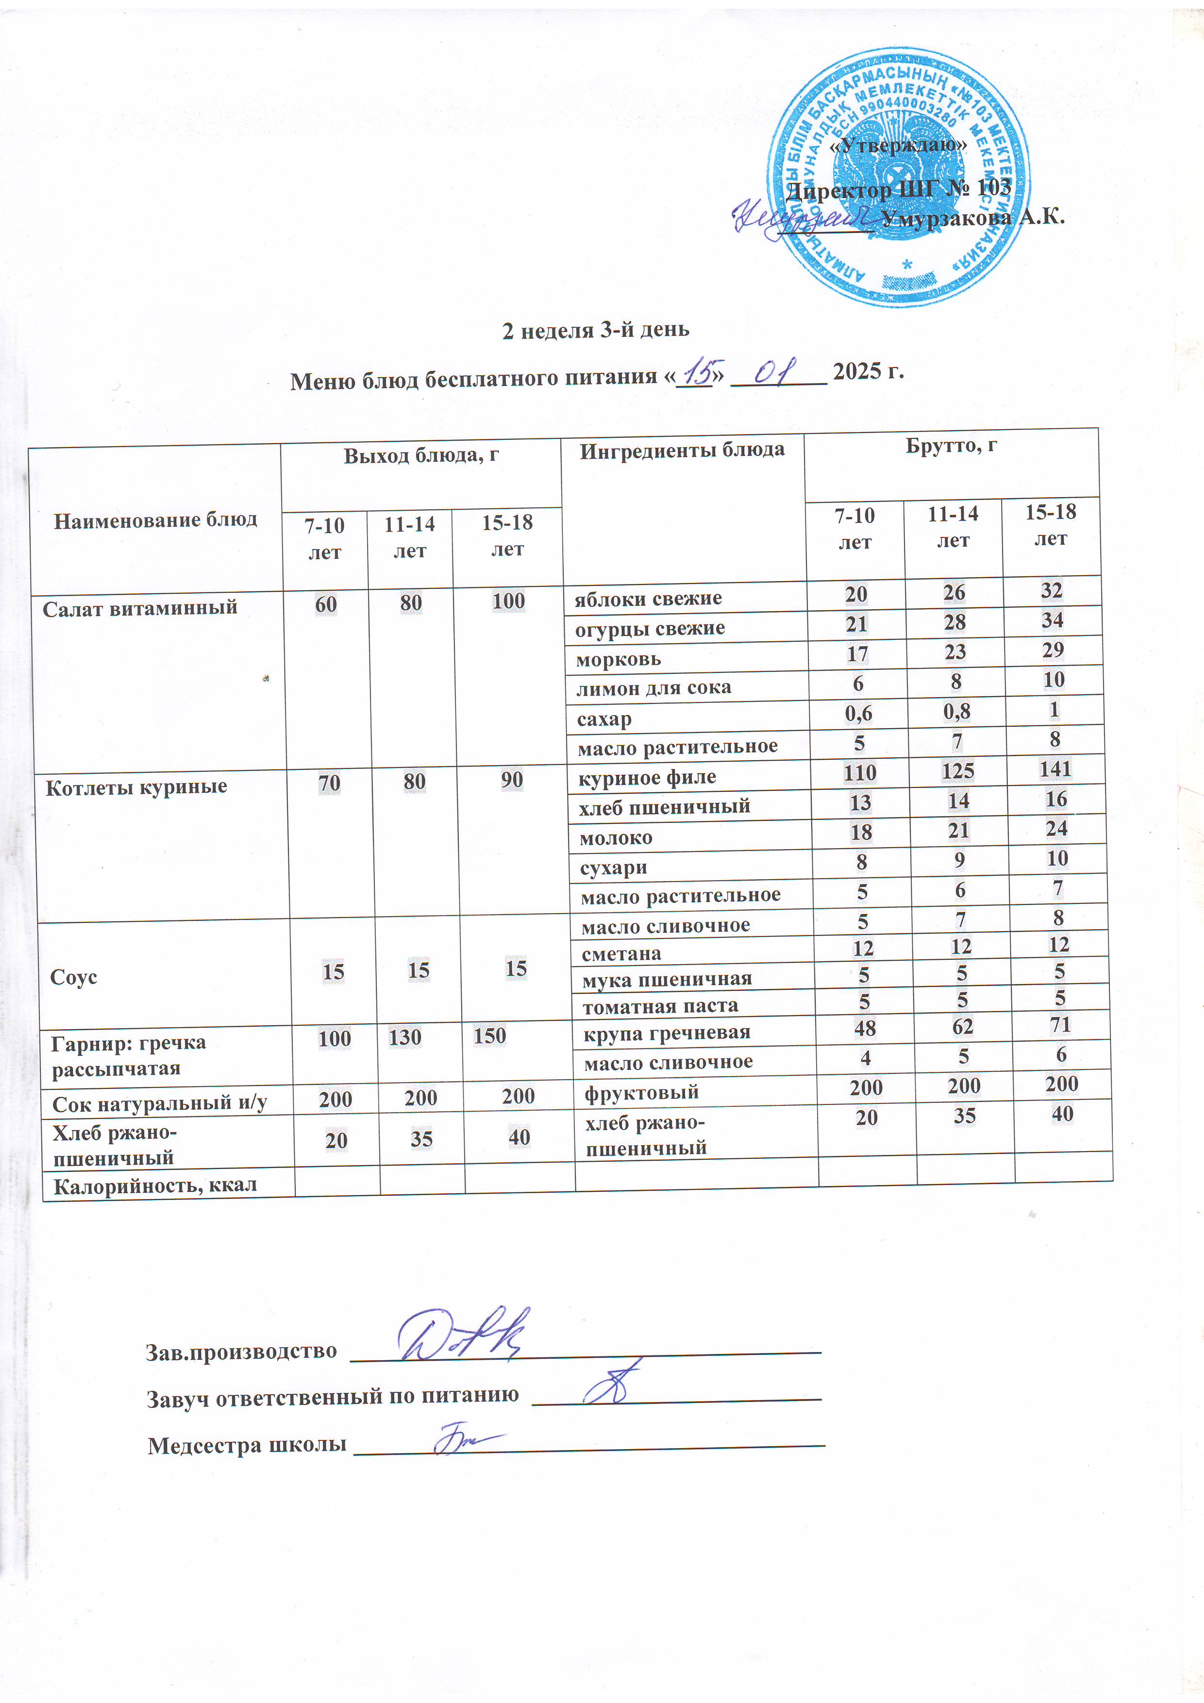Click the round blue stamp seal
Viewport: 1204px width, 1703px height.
tap(898, 178)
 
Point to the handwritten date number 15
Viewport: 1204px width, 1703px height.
tap(697, 368)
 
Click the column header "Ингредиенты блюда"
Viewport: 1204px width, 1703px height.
tap(682, 450)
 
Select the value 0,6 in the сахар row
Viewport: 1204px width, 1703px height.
tap(858, 714)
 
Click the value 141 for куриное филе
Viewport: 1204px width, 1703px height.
tap(1055, 768)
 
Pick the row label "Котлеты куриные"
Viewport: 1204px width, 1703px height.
tap(136, 787)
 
